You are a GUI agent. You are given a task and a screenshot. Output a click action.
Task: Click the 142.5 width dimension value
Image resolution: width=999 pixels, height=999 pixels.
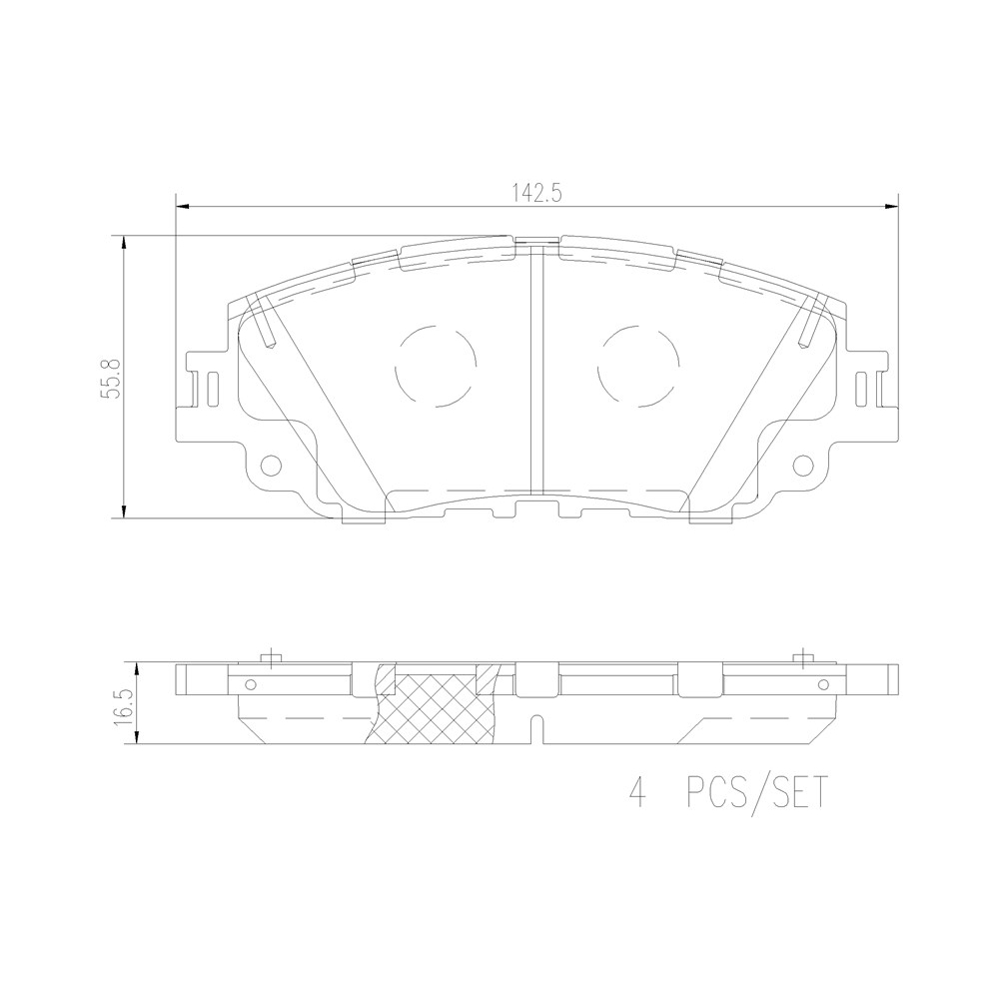pyautogui.click(x=536, y=194)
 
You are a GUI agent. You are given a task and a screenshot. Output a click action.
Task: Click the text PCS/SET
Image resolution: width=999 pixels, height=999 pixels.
pyautogui.click(x=757, y=792)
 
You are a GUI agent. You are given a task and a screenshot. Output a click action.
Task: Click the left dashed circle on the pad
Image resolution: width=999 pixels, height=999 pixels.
pyautogui.click(x=436, y=367)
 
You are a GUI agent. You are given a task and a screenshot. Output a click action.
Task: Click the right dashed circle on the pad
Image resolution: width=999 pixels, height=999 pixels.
pyautogui.click(x=638, y=367)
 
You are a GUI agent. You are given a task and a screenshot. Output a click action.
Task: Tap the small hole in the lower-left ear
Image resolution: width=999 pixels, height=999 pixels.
pyautogui.click(x=272, y=466)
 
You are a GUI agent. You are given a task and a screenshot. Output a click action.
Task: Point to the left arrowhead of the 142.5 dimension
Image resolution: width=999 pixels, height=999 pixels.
pyautogui.click(x=183, y=206)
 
